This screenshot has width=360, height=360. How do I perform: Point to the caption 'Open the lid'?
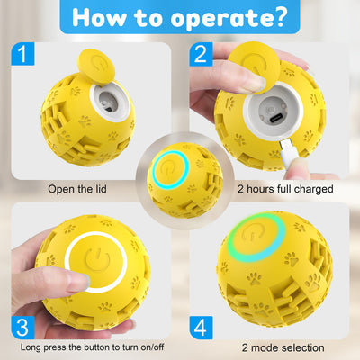point(86,190)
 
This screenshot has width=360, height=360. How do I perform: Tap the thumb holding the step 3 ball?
point(40,270)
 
